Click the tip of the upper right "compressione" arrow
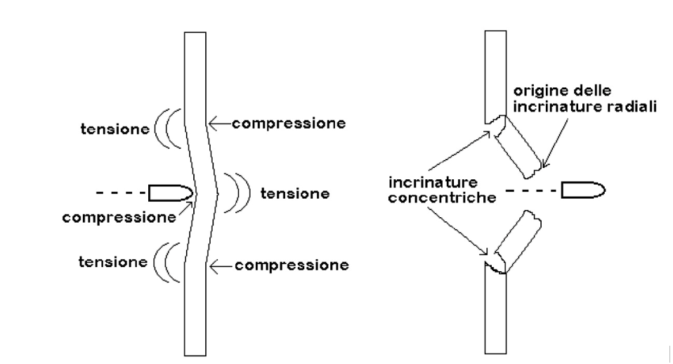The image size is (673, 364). pyautogui.click(x=209, y=124)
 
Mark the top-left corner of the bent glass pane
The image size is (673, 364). pyautogui.click(x=185, y=32)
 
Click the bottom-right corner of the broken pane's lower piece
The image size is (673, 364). pyautogui.click(x=506, y=353)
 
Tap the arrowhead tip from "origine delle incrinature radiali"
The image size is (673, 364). pyautogui.click(x=543, y=168)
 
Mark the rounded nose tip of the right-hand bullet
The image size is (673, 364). pyautogui.click(x=605, y=190)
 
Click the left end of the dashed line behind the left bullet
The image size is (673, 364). pyautogui.click(x=96, y=193)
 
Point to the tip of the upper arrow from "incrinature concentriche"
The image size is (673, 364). pyautogui.click(x=490, y=132)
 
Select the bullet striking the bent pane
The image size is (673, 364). pyautogui.click(x=171, y=193)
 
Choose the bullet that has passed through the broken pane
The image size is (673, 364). pyautogui.click(x=583, y=190)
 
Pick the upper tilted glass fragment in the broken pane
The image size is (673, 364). pyautogui.click(x=518, y=147)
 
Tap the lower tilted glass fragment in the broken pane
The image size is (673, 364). pyautogui.click(x=518, y=242)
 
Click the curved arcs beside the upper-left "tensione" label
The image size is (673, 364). pyautogui.click(x=168, y=129)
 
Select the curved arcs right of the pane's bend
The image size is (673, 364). pyautogui.click(x=237, y=193)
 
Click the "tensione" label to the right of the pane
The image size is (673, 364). pyautogui.click(x=295, y=193)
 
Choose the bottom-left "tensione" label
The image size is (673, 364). pyautogui.click(x=113, y=262)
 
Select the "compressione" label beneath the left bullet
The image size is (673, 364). pyautogui.click(x=119, y=218)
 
